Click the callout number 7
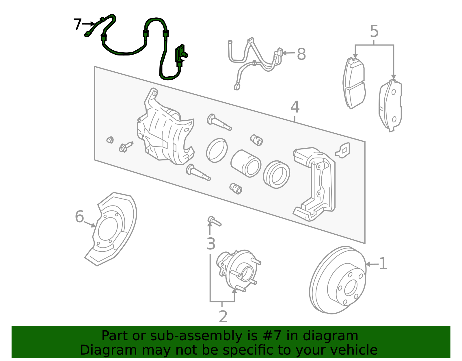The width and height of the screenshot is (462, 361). pyautogui.click(x=77, y=24)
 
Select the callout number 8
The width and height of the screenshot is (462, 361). pyautogui.click(x=301, y=54)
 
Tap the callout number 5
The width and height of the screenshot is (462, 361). pyautogui.click(x=374, y=31)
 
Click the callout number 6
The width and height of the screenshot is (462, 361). pyautogui.click(x=79, y=216)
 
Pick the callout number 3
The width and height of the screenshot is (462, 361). pyautogui.click(x=211, y=244)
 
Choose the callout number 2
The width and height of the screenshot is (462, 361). pyautogui.click(x=223, y=317)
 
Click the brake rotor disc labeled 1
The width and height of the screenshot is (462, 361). pyautogui.click(x=338, y=280)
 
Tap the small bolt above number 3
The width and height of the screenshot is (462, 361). pyautogui.click(x=214, y=221)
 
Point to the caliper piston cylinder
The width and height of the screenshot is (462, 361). pyautogui.click(x=246, y=163)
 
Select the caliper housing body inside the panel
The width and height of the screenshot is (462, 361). pyautogui.click(x=165, y=127)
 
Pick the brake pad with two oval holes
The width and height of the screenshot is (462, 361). pyautogui.click(x=390, y=105)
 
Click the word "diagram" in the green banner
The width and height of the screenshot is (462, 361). pyautogui.click(x=330, y=336)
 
